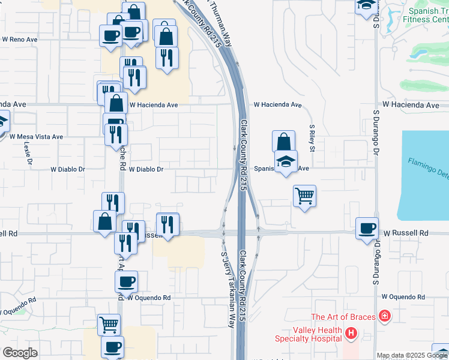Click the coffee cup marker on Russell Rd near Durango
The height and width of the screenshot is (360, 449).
367,228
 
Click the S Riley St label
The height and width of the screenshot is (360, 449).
312,138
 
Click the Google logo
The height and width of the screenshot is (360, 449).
20,353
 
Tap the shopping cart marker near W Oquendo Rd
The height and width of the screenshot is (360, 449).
109,325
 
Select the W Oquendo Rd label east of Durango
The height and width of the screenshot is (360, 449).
403,297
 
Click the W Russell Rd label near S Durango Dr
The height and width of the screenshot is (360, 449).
406,233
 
